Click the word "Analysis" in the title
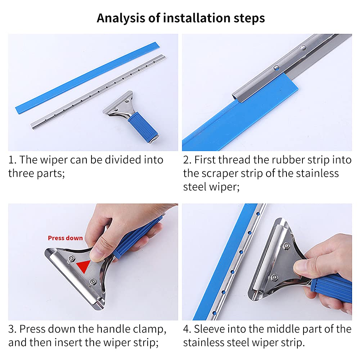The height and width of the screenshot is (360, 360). tap(121, 18)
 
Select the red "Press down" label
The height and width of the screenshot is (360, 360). tap(65, 238)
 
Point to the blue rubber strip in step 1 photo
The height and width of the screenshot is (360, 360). tap(87, 78)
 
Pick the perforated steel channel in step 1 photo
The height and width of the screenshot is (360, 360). tap(98, 92)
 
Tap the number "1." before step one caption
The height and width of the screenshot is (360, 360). tap(12, 160)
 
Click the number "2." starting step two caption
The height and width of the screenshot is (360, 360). tap(187, 160)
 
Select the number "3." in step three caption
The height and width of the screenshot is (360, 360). tap(12, 329)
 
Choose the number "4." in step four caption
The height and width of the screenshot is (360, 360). tap(187, 329)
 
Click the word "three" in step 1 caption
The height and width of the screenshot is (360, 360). tap(21, 174)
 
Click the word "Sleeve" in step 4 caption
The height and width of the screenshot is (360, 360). tap(210, 329)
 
